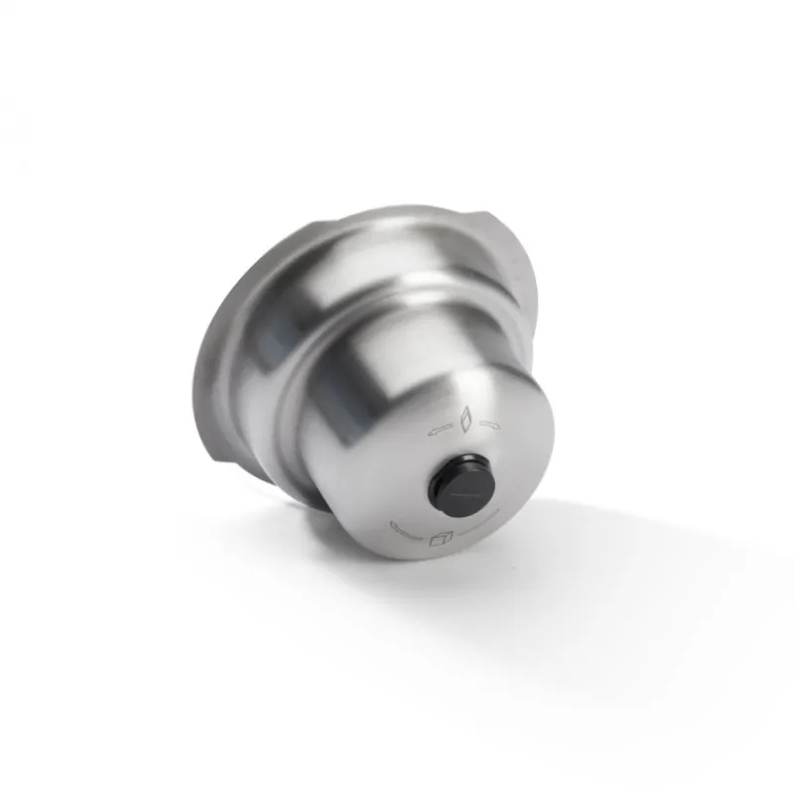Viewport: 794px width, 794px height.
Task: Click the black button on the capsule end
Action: click(462, 486)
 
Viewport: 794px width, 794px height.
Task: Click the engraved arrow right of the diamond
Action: click(488, 424)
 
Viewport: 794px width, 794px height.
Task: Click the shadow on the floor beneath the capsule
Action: click(556, 556)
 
